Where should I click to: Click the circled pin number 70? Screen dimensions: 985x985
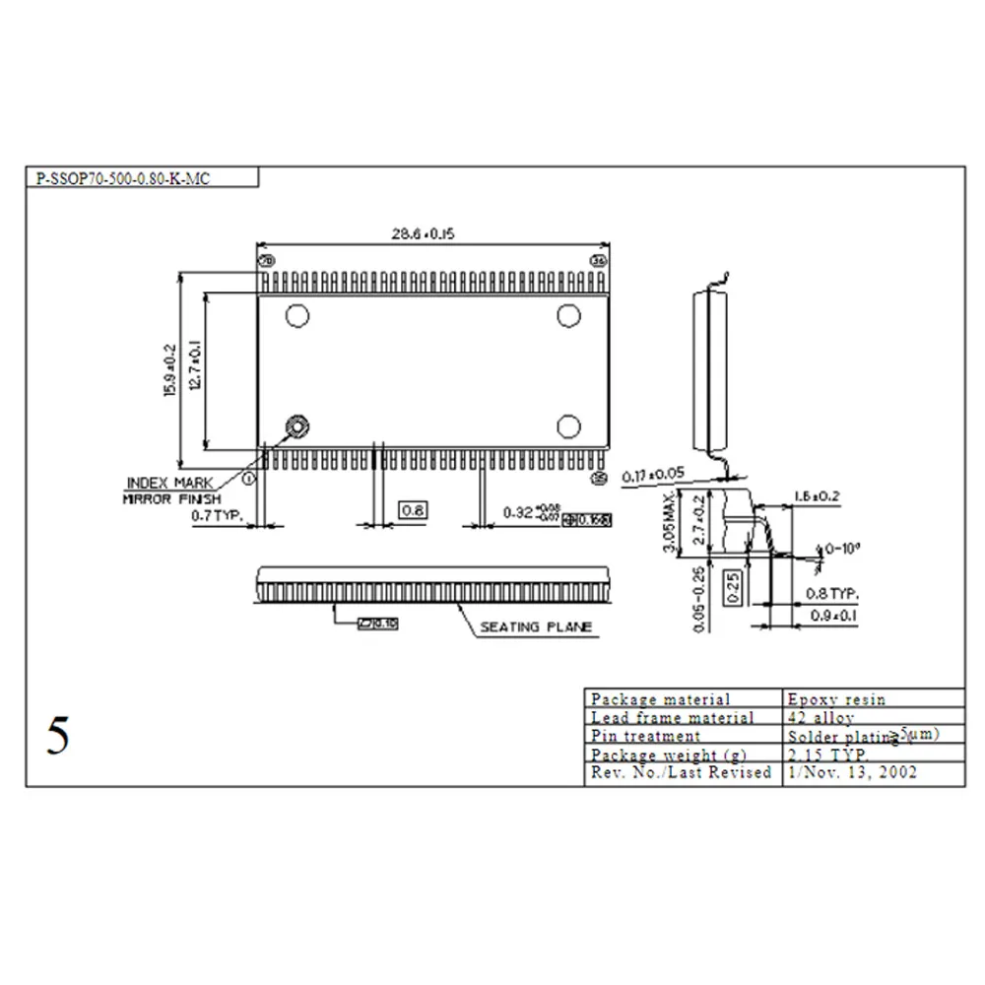pyautogui.click(x=264, y=261)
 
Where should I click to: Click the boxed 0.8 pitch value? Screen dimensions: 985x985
pyautogui.click(x=413, y=510)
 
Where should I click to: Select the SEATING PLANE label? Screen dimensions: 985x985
pyautogui.click(x=536, y=626)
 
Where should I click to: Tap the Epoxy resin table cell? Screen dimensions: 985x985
pyautogui.click(x=836, y=699)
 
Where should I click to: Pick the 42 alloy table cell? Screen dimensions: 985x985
pyautogui.click(x=821, y=718)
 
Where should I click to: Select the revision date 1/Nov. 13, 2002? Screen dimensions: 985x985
pyautogui.click(x=853, y=773)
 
